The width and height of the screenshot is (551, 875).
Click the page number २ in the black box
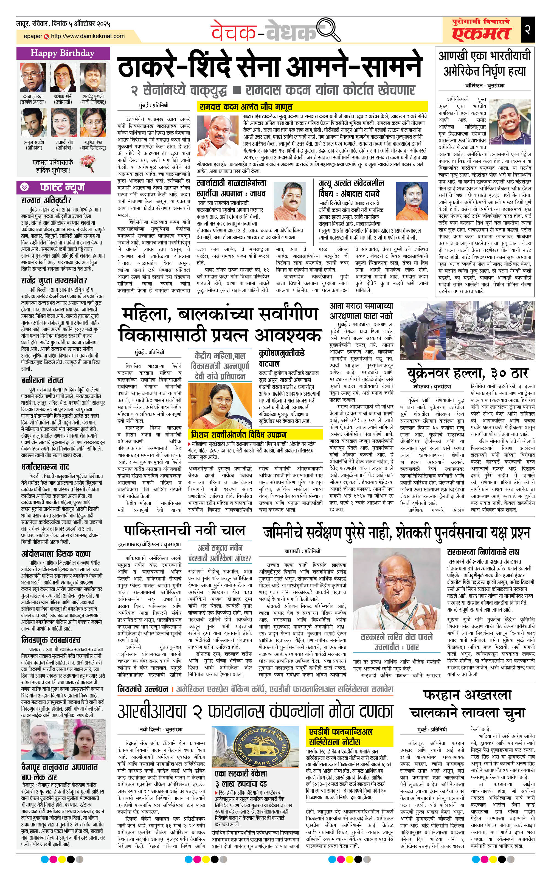tap(527, 29)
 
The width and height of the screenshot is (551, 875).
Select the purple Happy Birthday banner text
tap(63, 54)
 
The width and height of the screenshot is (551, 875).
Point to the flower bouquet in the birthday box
tap(87, 163)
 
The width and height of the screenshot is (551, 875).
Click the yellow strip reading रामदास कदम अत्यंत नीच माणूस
tap(311, 107)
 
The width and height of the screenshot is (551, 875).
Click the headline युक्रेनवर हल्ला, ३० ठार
tap(467, 373)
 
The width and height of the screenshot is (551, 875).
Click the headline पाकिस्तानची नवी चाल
tap(184, 531)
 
